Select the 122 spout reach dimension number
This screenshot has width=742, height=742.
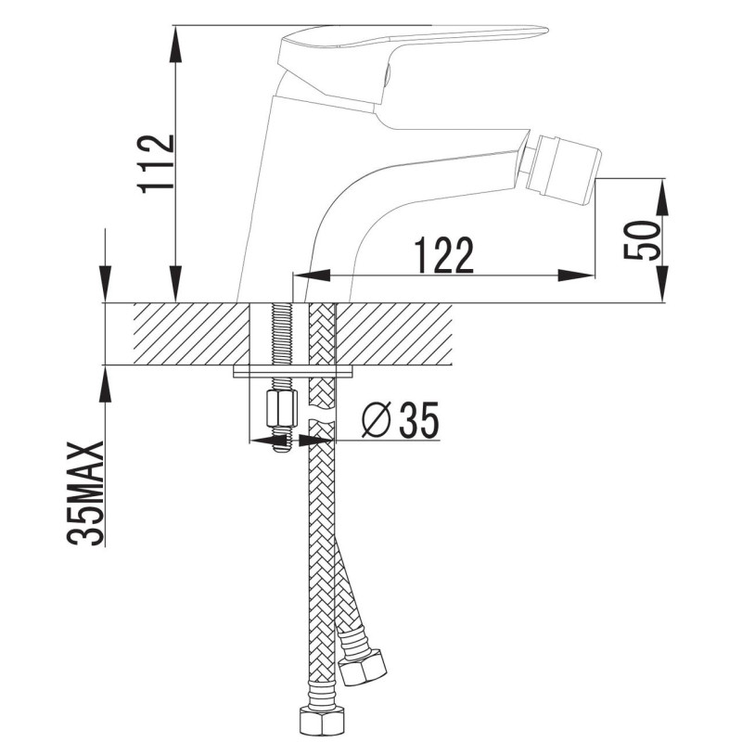(x=444, y=255)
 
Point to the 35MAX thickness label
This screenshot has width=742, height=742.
(x=85, y=493)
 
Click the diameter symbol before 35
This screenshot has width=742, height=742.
(x=377, y=419)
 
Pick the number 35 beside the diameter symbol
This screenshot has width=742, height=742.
(x=419, y=420)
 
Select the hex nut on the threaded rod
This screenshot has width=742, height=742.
(x=282, y=408)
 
